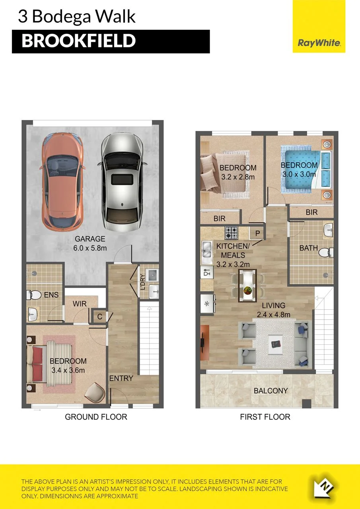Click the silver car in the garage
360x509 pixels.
coord(122,182)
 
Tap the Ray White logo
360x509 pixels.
coord(319,26)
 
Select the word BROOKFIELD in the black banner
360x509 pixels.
coord(79,41)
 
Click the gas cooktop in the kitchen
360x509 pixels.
coord(232,233)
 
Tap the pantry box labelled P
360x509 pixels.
coord(257,233)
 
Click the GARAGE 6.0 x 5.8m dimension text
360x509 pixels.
coord(90,243)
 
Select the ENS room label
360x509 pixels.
coord(51,295)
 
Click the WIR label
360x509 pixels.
coord(80,304)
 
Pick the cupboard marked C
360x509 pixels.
coord(99,317)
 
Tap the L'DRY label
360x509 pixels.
coord(143,282)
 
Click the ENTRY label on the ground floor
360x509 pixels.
coord(121,378)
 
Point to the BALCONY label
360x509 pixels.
coord(270,390)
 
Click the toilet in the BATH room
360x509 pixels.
coord(326,253)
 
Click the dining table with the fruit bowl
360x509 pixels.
coord(247,286)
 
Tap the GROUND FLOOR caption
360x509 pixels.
coord(96,417)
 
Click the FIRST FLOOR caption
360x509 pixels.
coord(265,417)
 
